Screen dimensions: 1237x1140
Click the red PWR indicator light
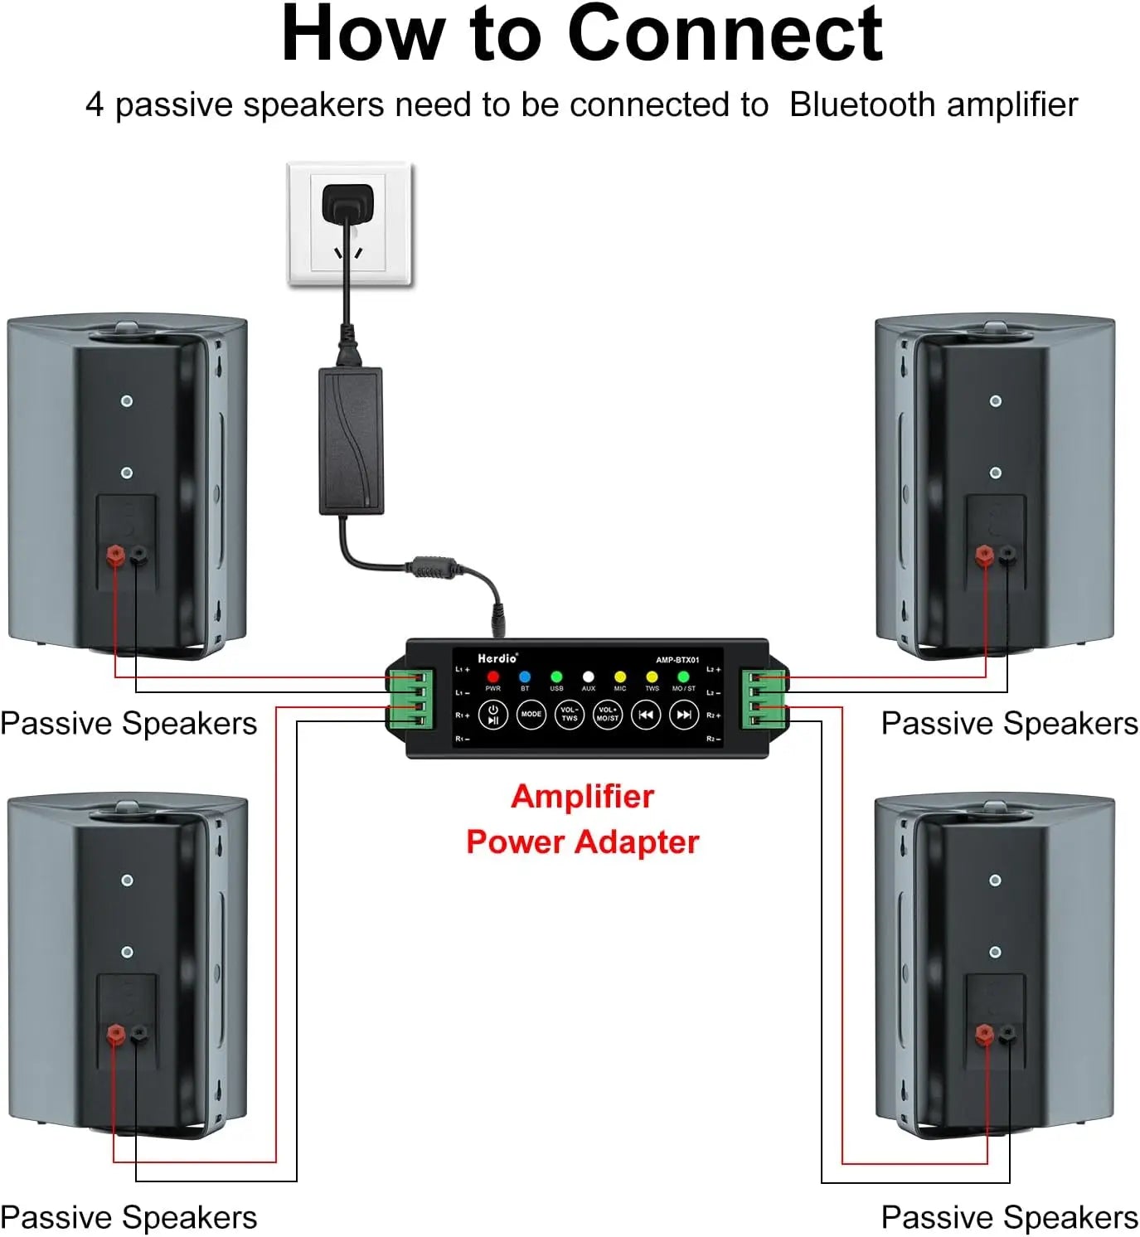(x=493, y=677)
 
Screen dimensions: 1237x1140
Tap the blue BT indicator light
(x=525, y=677)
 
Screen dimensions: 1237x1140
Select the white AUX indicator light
(x=589, y=677)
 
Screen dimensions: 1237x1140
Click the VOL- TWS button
(x=569, y=714)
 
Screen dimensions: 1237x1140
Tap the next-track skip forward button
(x=684, y=714)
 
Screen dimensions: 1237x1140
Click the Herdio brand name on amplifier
(x=497, y=658)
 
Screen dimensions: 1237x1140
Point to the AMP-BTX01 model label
(x=677, y=660)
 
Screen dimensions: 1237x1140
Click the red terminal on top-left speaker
(x=115, y=554)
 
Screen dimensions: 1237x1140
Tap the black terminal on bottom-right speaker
(x=1007, y=1033)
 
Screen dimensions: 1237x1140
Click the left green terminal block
(x=411, y=698)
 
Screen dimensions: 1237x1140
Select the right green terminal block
(x=764, y=698)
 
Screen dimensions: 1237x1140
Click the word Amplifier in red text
(x=582, y=797)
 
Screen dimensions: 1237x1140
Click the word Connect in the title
(x=725, y=35)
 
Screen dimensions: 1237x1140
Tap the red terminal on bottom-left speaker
(x=116, y=1033)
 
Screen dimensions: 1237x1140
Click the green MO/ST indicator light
(x=683, y=677)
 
